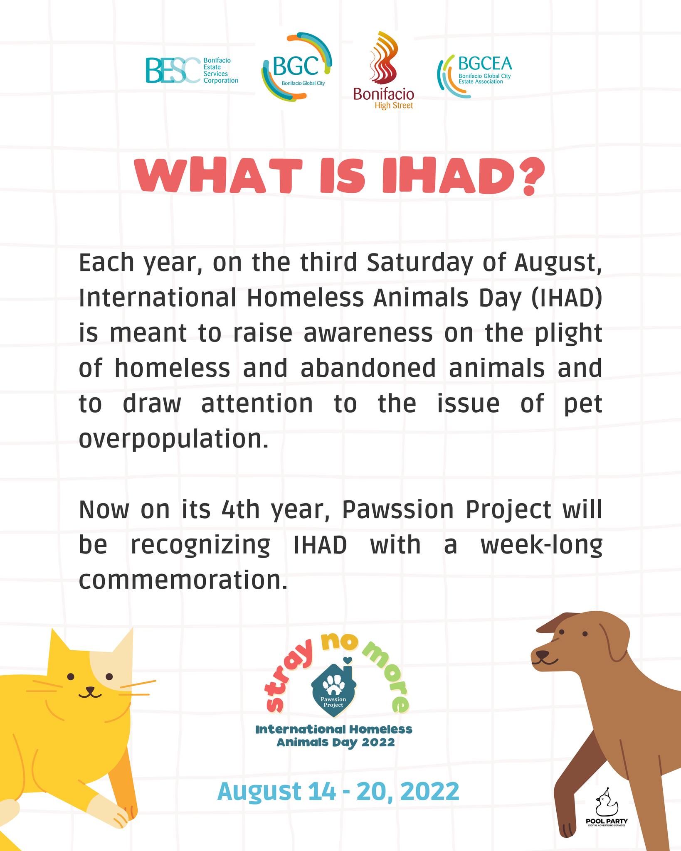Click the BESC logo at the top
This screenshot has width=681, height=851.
click(x=192, y=71)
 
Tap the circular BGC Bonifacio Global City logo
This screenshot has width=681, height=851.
click(x=296, y=66)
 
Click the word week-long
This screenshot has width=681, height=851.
click(x=541, y=546)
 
